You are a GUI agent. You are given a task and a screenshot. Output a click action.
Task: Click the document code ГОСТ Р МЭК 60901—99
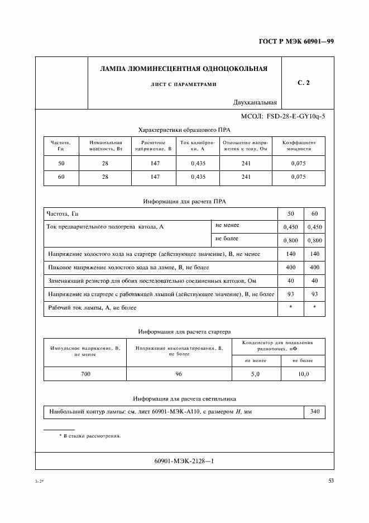[296, 42]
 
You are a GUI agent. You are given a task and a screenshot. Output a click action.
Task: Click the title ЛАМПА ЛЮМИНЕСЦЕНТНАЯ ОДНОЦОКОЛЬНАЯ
[183, 69]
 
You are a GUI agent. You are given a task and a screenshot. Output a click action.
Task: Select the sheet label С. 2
[304, 83]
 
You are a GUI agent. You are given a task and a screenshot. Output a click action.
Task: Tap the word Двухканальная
[256, 102]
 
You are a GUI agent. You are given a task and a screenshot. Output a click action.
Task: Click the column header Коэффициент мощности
[299, 146]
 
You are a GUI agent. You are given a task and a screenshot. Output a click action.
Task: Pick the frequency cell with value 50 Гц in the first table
[61, 163]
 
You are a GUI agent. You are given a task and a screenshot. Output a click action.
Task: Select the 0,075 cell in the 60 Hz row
[299, 177]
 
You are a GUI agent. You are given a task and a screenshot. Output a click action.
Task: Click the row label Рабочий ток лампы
[92, 308]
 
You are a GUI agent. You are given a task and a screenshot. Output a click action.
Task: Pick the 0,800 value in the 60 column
[315, 241]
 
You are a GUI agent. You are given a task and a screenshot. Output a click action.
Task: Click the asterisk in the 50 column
[290, 308]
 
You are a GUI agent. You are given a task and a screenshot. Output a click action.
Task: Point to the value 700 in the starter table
[85, 374]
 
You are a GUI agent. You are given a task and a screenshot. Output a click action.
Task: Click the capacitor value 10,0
[303, 374]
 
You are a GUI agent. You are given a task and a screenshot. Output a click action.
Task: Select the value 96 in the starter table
[179, 374]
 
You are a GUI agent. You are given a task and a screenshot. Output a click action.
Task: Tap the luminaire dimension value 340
[315, 412]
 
